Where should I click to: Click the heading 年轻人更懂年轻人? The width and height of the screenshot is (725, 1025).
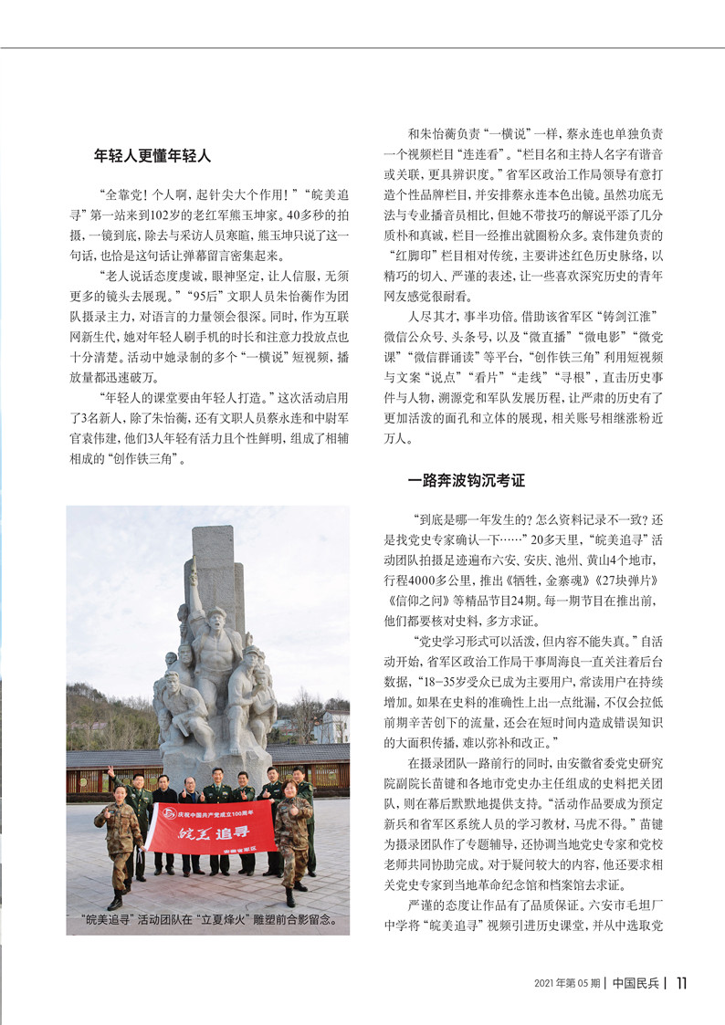click(x=152, y=156)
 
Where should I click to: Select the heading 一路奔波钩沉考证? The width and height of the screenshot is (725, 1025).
click(x=466, y=478)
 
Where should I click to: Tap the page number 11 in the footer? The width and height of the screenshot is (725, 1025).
click(x=682, y=983)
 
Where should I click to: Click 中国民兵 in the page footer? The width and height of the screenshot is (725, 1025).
click(x=636, y=983)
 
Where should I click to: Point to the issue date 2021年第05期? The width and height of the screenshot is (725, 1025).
click(x=566, y=983)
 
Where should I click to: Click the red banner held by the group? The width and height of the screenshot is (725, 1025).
click(x=212, y=826)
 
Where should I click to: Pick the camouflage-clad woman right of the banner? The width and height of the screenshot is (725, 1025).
click(x=292, y=832)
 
